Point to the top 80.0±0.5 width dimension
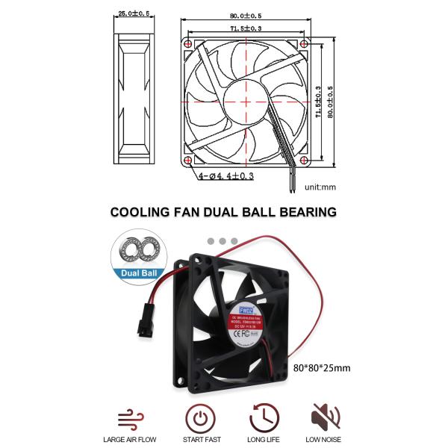click(x=245, y=15)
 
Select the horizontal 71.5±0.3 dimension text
click(x=245, y=28)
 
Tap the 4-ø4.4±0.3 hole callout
click(x=227, y=176)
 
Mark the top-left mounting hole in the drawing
click(x=187, y=45)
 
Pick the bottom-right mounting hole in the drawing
click(x=303, y=161)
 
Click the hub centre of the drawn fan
click(x=245, y=102)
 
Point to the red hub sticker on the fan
click(x=254, y=326)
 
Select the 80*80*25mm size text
click(x=321, y=367)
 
